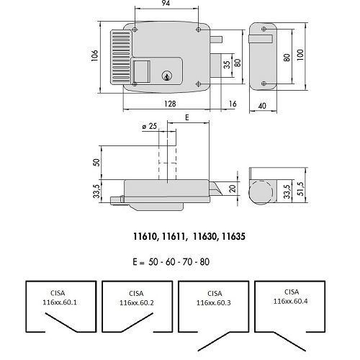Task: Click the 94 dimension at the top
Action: point(166,3)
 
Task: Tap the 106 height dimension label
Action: point(95,55)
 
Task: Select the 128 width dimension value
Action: point(170,104)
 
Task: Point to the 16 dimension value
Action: point(233,104)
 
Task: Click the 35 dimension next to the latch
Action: point(227,65)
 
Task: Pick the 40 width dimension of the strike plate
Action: point(262,106)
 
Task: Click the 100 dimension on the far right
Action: point(300,55)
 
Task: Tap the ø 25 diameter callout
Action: point(149,126)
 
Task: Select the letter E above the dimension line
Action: point(187,117)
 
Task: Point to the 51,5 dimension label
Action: point(300,189)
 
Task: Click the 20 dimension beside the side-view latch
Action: point(233,189)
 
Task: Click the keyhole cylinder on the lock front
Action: point(166,76)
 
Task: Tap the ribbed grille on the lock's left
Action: point(121,58)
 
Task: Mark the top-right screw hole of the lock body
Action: point(198,30)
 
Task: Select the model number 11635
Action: point(233,237)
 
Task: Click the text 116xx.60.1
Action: point(60,302)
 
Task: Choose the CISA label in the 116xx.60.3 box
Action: point(215,293)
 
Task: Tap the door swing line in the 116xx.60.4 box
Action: point(289,341)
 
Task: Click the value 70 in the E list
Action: point(187,261)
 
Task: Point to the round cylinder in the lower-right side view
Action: point(261,192)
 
